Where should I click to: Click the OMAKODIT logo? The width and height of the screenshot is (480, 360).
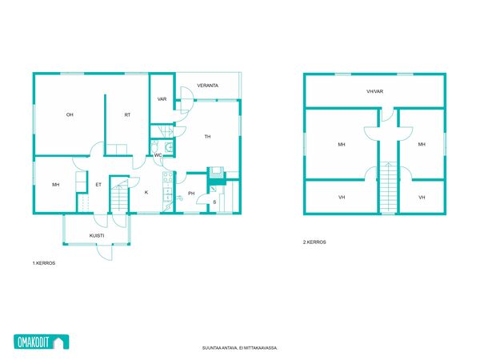[42, 342]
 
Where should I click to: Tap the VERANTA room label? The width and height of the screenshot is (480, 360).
[207, 86]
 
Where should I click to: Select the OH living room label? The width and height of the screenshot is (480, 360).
[70, 114]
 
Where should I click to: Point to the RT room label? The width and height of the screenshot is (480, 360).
[127, 114]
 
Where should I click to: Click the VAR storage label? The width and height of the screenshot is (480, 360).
[162, 99]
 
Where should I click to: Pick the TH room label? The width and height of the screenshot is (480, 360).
[207, 137]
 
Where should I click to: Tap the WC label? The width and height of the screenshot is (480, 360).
[158, 155]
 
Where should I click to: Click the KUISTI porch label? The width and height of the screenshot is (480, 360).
[97, 236]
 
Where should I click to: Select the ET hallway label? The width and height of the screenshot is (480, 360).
[98, 185]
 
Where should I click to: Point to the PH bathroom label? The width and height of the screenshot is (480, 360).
[191, 193]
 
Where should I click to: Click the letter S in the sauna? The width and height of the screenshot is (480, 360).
[214, 202]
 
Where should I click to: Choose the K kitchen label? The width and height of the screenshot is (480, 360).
[146, 192]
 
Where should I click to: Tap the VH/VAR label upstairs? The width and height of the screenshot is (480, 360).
[374, 91]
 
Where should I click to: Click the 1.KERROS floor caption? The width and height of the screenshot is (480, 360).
[44, 263]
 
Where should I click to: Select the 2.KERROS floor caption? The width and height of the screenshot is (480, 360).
[314, 242]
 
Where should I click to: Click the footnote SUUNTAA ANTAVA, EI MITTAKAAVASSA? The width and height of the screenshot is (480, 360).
[240, 348]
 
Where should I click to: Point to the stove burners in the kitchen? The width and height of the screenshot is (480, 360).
[168, 178]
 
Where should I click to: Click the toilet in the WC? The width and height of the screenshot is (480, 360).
[154, 146]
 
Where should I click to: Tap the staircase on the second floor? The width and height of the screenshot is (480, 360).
[388, 187]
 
